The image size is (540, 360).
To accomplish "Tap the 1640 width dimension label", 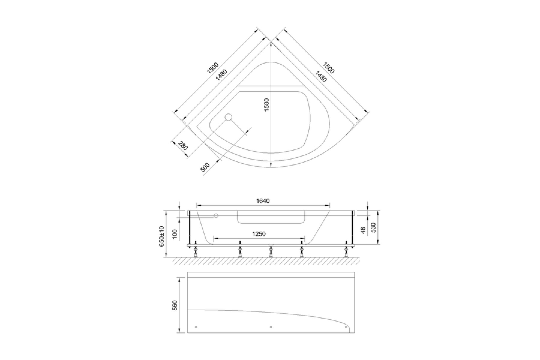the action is pos(263,201).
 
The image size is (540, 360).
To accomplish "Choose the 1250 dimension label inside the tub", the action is pos(259,234).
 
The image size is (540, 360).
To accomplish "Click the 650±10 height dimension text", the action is pos(162,236).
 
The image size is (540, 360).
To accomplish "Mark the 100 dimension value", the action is pos(175,234).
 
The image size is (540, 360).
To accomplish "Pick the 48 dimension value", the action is pos(363,230).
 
